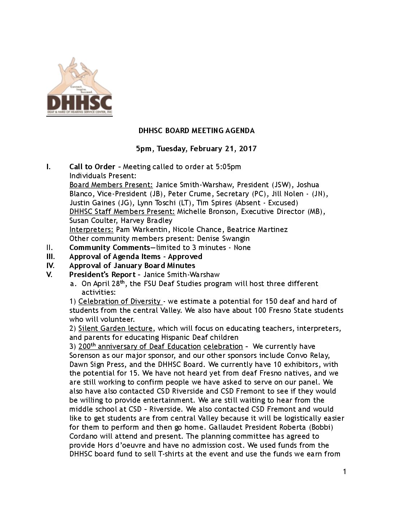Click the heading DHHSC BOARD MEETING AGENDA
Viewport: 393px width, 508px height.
[196, 131]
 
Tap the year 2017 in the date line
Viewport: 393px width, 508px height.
[247, 149]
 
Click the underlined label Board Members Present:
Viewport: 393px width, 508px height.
[111, 185]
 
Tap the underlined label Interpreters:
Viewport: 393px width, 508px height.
[91, 229]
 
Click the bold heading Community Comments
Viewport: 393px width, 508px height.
[109, 248]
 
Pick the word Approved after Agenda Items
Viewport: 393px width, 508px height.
[185, 257]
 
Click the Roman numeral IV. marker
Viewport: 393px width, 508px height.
[51, 266]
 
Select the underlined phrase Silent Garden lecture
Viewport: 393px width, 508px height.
[115, 328]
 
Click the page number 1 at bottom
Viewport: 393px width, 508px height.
[345, 472]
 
